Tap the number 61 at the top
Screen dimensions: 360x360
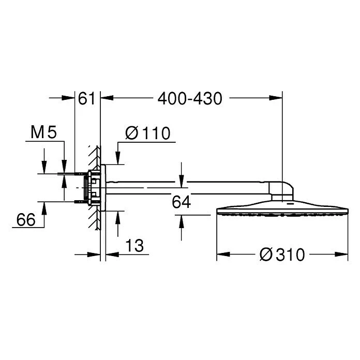click(x=87, y=98)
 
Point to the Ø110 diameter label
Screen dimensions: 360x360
click(x=147, y=133)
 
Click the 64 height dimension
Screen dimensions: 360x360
click(x=182, y=202)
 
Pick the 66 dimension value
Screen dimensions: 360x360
click(x=25, y=220)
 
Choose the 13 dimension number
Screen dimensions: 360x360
click(x=134, y=246)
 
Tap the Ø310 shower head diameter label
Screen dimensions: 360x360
click(x=282, y=254)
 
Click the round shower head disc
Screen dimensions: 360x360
click(x=282, y=213)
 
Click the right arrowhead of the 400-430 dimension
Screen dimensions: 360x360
click(x=278, y=97)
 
